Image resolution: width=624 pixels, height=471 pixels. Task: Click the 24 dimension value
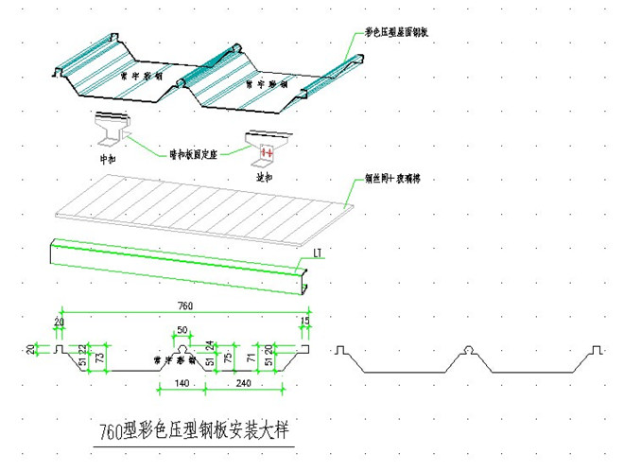[210, 346]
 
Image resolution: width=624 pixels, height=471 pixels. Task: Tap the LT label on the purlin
[318, 253]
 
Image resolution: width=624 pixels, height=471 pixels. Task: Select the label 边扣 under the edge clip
[265, 176]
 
